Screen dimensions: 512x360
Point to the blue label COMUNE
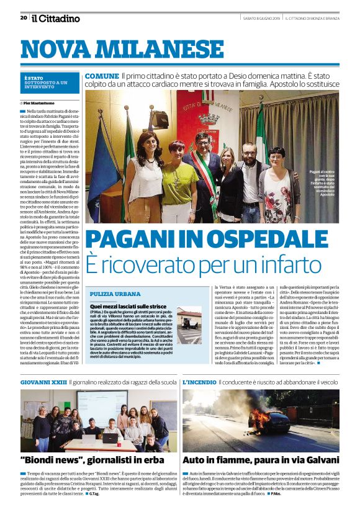(x=102, y=76)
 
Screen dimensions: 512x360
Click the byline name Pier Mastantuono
(x=46, y=102)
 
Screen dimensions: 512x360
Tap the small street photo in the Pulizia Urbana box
(x=189, y=325)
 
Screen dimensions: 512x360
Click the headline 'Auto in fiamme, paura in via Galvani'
(x=251, y=460)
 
